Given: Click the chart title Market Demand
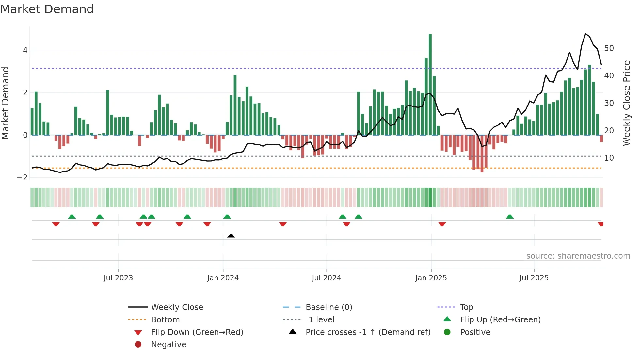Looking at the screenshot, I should point(47,9).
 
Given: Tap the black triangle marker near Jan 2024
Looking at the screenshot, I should point(231,236).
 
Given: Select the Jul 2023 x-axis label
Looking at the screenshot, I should point(118,278).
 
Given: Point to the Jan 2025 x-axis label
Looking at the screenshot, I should point(431,278).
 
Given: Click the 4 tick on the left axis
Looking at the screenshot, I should point(25,50).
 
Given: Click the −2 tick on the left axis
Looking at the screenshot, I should point(23,178).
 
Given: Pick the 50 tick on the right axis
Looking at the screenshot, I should point(609,48).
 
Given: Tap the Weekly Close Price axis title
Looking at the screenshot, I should point(626,103).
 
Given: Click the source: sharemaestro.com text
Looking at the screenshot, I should point(578,256).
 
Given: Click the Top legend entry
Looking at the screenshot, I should point(467,307).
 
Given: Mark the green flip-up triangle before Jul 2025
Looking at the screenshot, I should point(510,217).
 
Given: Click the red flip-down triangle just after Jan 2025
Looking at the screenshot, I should point(442,224).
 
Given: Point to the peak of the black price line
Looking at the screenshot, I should point(585,34).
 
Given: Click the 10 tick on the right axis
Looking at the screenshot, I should point(609,158).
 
